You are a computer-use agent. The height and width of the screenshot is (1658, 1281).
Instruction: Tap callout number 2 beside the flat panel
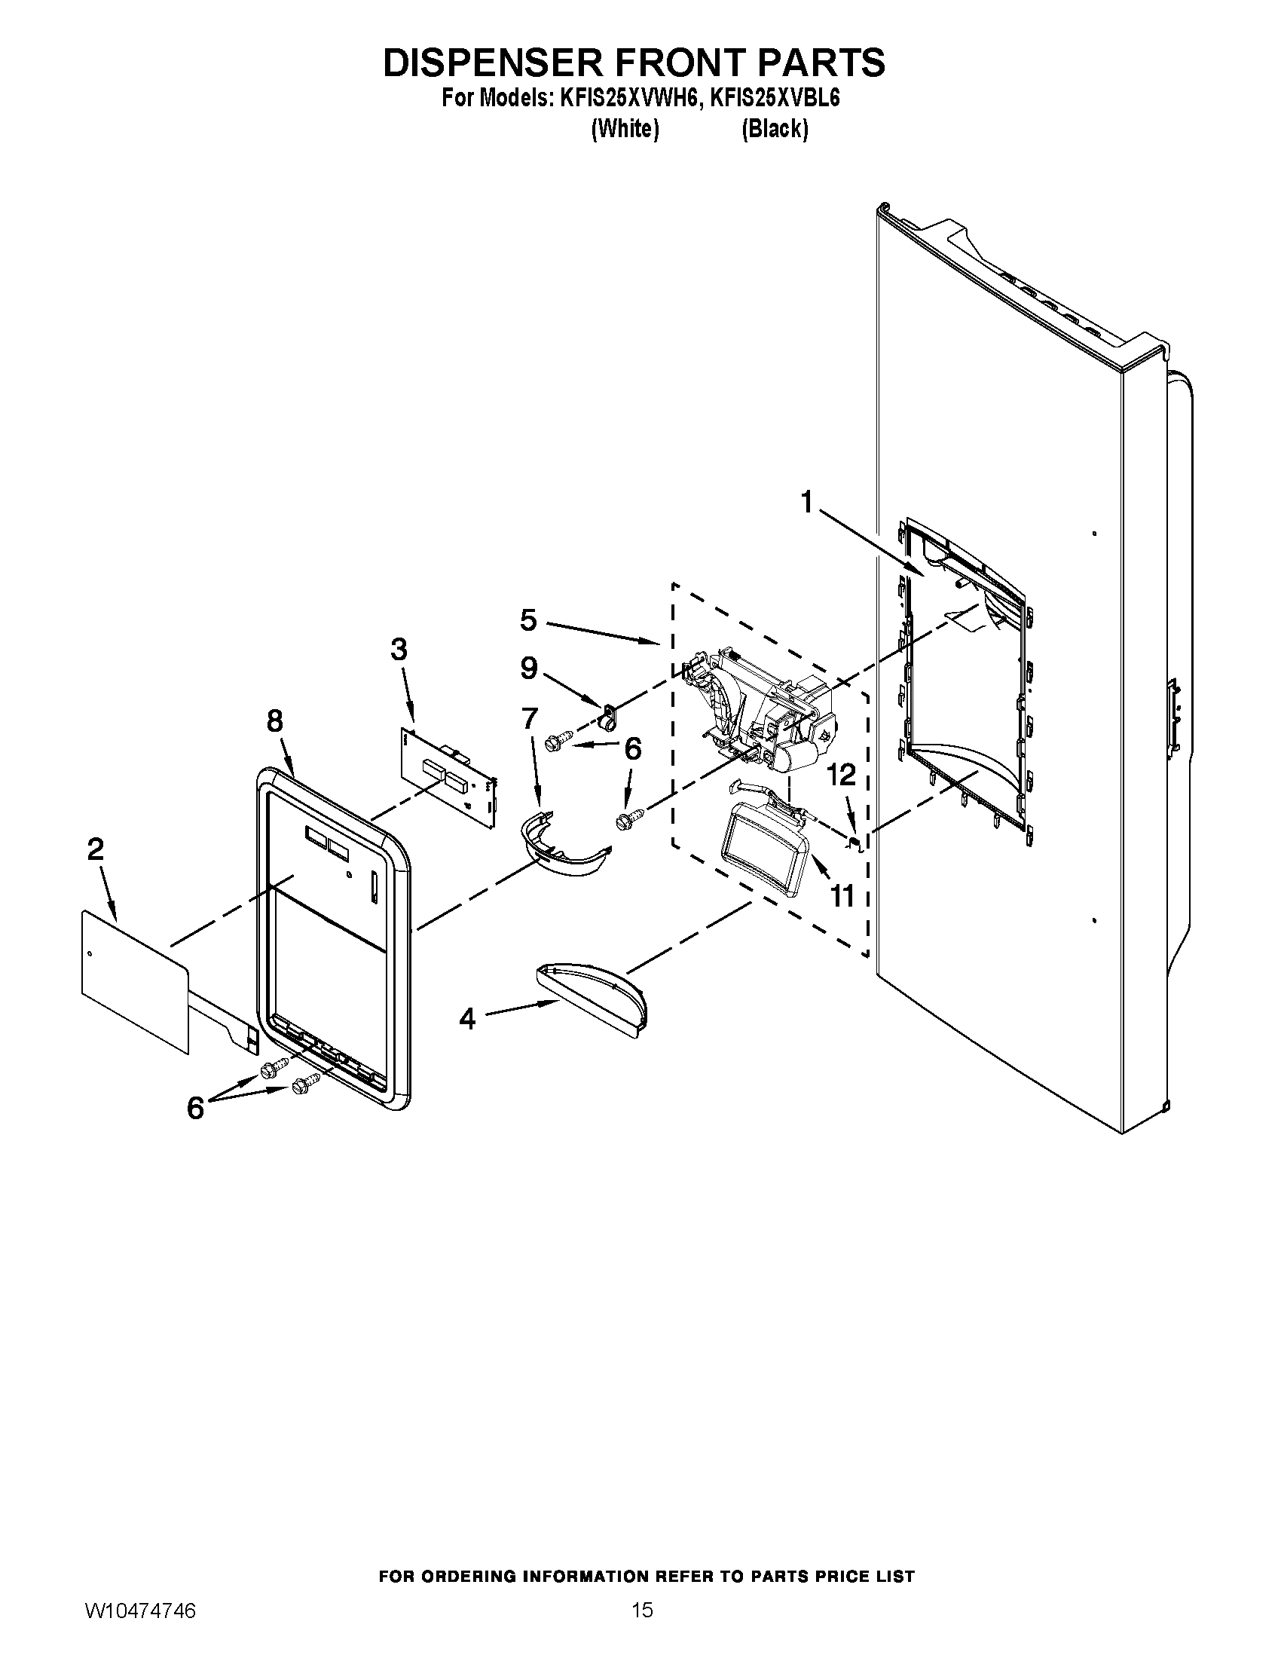(95, 849)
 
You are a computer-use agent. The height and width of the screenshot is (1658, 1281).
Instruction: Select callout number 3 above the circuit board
(399, 650)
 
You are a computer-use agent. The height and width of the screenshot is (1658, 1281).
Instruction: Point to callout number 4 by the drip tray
(467, 1020)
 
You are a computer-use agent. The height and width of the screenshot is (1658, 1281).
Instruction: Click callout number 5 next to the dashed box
(528, 620)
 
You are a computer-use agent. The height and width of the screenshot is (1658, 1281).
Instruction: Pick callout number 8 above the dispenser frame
(275, 720)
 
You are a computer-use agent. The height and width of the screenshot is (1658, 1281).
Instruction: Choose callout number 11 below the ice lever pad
(842, 896)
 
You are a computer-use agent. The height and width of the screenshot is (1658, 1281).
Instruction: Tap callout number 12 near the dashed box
(841, 775)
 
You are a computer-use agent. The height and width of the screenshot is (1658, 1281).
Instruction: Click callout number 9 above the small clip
(528, 668)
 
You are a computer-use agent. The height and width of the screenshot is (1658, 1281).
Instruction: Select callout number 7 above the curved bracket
(529, 717)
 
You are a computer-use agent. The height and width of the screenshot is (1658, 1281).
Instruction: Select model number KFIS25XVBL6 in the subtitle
(773, 99)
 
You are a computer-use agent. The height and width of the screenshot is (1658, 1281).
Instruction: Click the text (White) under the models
(625, 129)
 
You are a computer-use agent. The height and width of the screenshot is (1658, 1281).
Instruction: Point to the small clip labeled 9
(608, 714)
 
